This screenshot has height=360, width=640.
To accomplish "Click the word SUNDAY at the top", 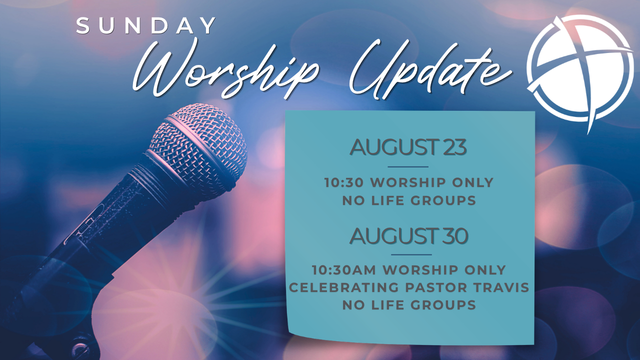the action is pyautogui.click(x=146, y=25).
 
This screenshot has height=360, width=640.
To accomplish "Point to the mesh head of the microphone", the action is pyautogui.click(x=199, y=146).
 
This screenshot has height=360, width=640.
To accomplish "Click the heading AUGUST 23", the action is pyautogui.click(x=408, y=147).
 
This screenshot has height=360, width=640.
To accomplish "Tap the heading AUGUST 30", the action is pyautogui.click(x=408, y=236).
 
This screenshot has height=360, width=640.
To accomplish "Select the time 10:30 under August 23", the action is pyautogui.click(x=344, y=182).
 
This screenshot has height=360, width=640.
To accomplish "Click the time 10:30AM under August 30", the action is pyautogui.click(x=344, y=270).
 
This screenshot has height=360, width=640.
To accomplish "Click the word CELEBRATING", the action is pyautogui.click(x=344, y=287).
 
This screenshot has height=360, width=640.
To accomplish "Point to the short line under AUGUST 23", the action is pyautogui.click(x=408, y=167).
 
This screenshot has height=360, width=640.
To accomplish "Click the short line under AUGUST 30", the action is pyautogui.click(x=411, y=255).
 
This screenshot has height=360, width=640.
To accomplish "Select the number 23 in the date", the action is pyautogui.click(x=455, y=147).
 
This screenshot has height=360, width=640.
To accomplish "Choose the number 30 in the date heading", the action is pyautogui.click(x=456, y=236).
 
